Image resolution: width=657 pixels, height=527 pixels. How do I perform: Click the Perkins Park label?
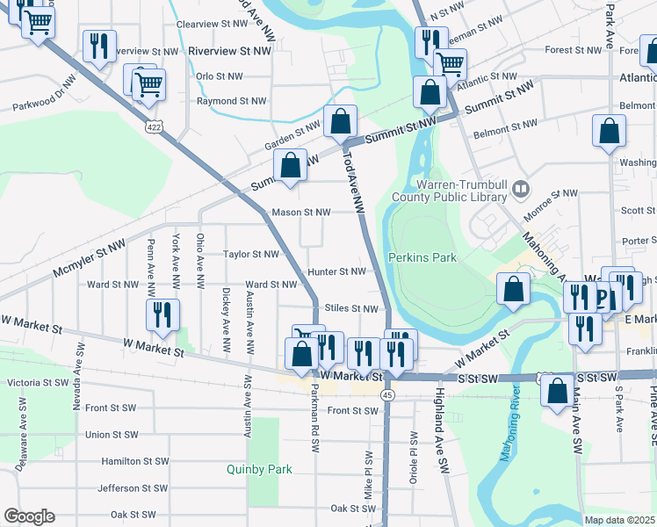pyautogui.click(x=422, y=257)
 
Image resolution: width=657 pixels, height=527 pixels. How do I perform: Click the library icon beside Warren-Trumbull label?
pyautogui.click(x=521, y=189)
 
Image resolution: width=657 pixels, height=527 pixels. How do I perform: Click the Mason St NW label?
pyautogui.click(x=301, y=213)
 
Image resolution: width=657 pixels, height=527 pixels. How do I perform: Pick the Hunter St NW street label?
pyautogui.click(x=336, y=272)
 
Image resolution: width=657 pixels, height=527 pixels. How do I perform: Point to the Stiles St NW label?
pyautogui.click(x=351, y=308)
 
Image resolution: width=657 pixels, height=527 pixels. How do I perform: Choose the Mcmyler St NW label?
pyautogui.click(x=89, y=261)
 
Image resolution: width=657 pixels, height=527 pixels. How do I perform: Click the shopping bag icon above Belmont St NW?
pyautogui.click(x=609, y=132)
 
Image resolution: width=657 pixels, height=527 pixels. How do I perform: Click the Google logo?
pyautogui.click(x=29, y=516)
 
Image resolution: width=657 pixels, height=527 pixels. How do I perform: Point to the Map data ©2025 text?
pyautogui.click(x=619, y=520)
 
